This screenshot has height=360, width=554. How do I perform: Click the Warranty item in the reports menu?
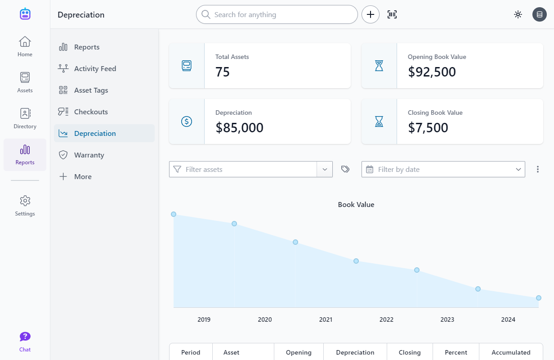click(89, 155)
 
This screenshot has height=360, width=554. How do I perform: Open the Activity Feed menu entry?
click(94, 68)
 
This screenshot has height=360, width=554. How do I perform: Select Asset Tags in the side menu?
click(90, 90)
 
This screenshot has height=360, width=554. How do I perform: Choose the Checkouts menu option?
click(90, 112)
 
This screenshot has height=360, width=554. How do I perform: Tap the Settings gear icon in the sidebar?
click(25, 201)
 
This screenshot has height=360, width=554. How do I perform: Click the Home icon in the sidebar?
click(25, 42)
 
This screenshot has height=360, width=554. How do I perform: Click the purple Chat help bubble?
click(25, 337)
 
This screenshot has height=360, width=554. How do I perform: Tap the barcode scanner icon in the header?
click(392, 14)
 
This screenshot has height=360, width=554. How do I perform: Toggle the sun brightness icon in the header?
click(518, 14)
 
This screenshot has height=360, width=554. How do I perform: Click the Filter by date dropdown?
click(443, 169)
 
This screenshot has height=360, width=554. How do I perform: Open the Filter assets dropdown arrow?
click(325, 169)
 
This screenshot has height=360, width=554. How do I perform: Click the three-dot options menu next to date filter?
click(538, 169)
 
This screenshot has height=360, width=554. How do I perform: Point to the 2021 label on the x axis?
click(326, 319)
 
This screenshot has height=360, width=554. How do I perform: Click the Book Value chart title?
click(356, 204)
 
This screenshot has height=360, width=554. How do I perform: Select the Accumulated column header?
click(511, 352)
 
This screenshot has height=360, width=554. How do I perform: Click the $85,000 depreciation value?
click(239, 128)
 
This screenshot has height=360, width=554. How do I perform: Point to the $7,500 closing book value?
click(428, 128)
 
